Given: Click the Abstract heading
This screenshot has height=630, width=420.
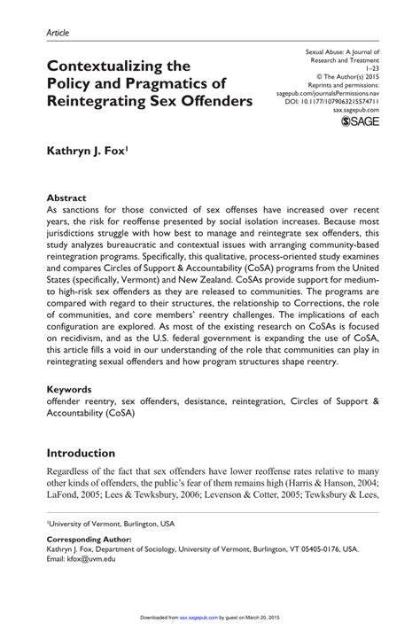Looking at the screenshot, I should point(66,198).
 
